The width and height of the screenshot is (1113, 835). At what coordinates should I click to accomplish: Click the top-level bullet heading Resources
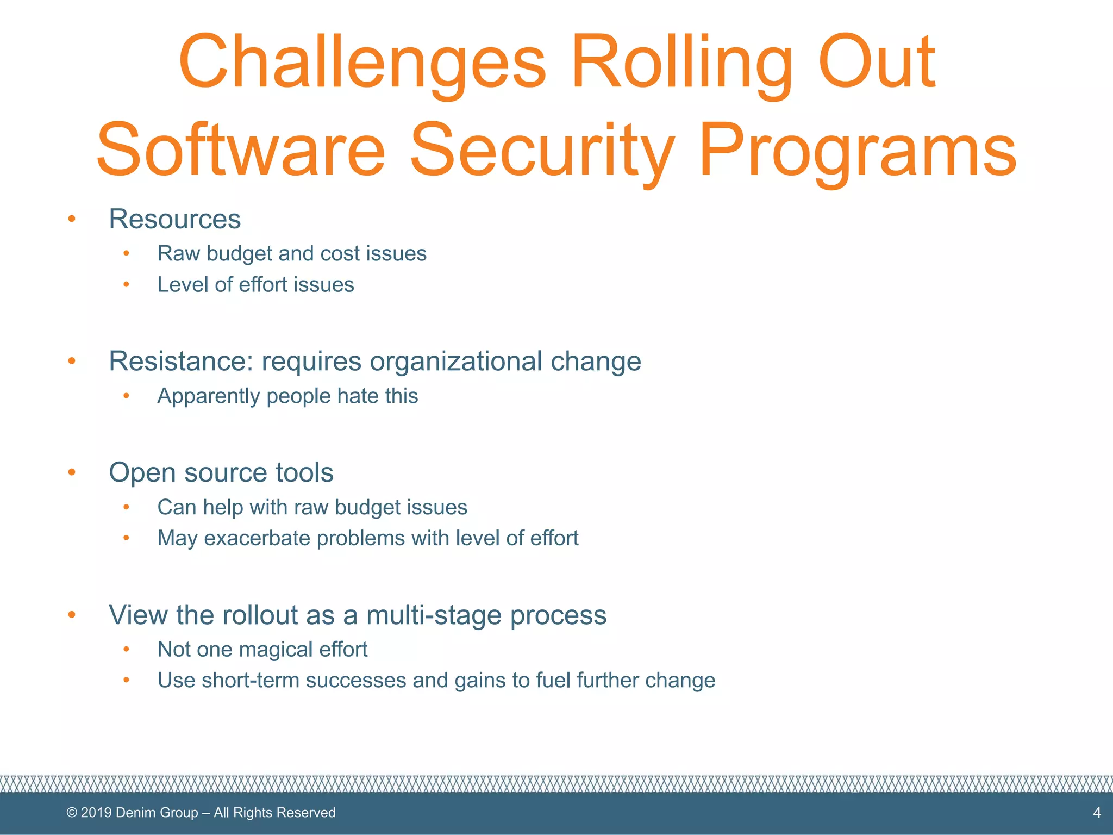(174, 219)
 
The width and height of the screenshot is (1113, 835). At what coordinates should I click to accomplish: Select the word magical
(276, 650)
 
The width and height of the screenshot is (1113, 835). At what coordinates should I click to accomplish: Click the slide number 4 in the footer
(1097, 813)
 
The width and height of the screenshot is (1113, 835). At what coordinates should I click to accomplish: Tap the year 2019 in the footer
(96, 813)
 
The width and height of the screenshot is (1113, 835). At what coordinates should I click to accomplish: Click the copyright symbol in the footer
(72, 813)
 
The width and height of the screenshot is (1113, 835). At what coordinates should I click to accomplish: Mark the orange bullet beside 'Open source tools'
(72, 472)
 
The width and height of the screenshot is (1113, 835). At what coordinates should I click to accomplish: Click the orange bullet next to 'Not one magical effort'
(126, 649)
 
